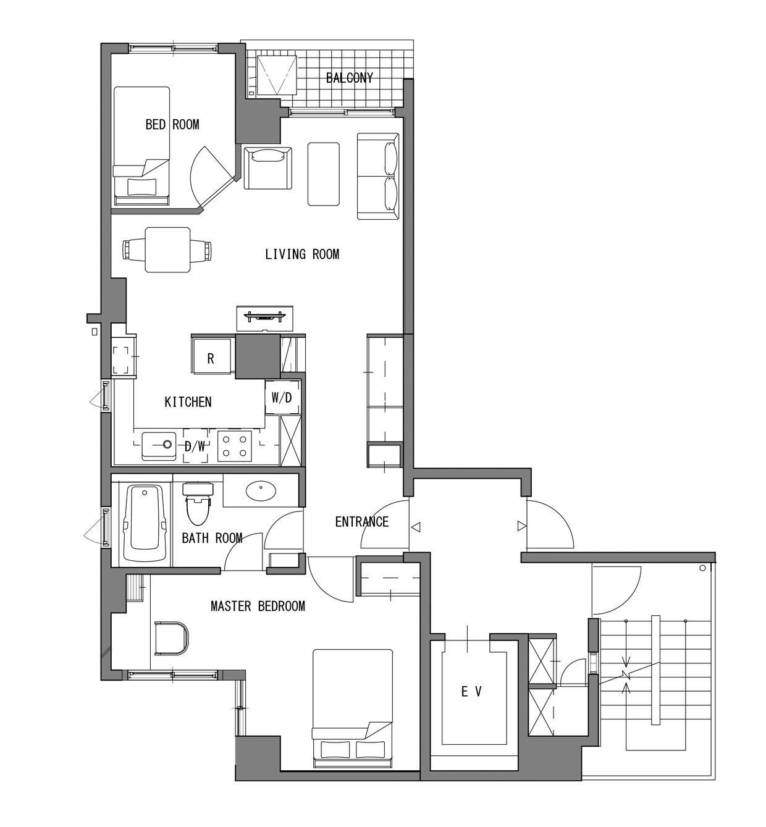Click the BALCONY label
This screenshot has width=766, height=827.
coord(350,78)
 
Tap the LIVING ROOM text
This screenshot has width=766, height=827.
coord(302,254)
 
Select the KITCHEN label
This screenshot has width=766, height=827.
coord(188,402)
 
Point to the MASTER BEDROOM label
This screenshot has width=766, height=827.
coord(258,606)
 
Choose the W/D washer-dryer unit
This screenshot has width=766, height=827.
coord(282,397)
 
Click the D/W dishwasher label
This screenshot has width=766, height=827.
coord(195,447)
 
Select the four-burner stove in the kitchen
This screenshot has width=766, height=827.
coord(234,446)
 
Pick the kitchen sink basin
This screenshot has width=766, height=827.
coord(159,446)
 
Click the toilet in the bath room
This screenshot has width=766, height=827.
coord(198,503)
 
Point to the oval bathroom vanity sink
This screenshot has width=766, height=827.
coord(261,492)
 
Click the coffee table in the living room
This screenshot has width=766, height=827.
coord(324,174)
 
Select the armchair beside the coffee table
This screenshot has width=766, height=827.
coord(268,168)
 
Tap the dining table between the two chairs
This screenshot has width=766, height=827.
coord(168,250)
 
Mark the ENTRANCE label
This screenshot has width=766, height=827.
coord(361,522)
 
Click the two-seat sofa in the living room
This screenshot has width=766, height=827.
coord(378,176)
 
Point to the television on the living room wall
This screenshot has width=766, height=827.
coord(265,318)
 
